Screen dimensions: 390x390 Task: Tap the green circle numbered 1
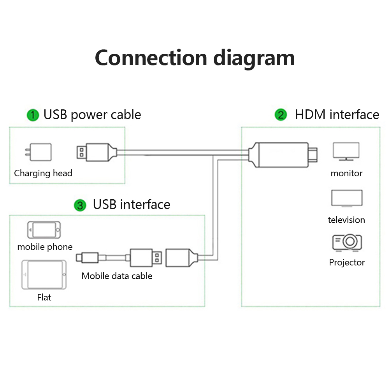coord(33,115)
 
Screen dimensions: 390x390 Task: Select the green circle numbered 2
coord(281,115)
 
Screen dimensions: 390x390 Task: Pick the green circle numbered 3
coord(80,205)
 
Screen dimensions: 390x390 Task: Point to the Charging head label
coord(43,173)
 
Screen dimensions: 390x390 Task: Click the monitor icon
coord(346,151)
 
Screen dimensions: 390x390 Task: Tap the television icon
coord(346,198)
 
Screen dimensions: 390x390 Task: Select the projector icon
coord(347,242)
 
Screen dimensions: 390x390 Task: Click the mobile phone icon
coord(44,230)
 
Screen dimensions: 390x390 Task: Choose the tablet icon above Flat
coord(44,275)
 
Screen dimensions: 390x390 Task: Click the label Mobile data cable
coord(117,276)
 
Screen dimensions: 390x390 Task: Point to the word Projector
coord(347,262)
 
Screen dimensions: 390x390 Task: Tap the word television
coord(346,220)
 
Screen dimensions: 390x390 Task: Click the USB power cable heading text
coord(92,115)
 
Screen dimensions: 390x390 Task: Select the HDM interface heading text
coord(337,115)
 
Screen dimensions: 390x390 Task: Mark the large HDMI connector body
coord(280,155)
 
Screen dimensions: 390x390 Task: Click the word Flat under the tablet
coord(44,297)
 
